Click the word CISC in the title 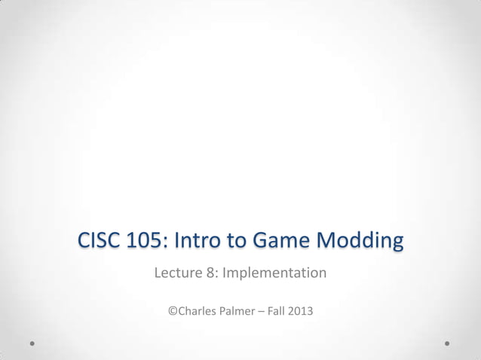[x=100, y=242]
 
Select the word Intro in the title [x=201, y=242]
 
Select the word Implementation [x=274, y=273]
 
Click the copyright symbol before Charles [x=173, y=310]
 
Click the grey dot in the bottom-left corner [x=32, y=343]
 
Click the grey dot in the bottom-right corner [x=447, y=343]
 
